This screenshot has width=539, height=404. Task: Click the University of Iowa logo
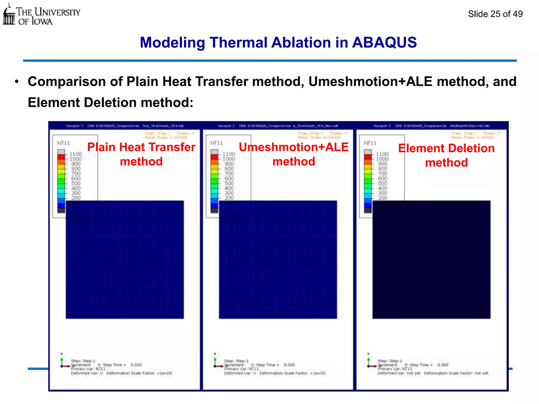coord(41,15)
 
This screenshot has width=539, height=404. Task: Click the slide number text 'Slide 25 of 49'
coord(495,14)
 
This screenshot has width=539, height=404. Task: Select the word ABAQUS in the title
coord(384,42)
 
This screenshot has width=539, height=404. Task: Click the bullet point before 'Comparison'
coord(17,82)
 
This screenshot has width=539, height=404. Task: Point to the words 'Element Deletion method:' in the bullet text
coord(111,103)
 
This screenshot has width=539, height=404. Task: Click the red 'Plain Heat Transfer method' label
coord(141,154)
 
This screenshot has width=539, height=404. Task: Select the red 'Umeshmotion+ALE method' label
coord(294,154)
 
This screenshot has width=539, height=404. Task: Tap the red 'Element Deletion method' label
coord(446,155)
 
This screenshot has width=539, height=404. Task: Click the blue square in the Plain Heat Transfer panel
coord(125,260)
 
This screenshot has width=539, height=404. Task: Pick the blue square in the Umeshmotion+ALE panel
coord(278,260)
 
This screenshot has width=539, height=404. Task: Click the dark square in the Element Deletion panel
coord(431,260)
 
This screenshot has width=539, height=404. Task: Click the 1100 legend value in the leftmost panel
coord(76,154)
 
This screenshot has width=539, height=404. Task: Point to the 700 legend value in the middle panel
coord(229,174)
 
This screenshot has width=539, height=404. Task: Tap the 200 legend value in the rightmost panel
coord(382,198)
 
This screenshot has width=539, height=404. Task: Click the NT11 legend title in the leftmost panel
coord(63,143)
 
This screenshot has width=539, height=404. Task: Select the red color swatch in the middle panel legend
coord(214,157)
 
